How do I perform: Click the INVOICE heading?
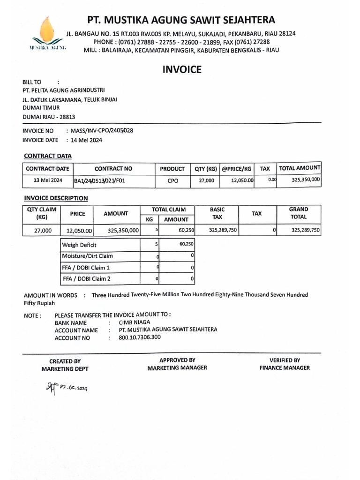click(x=182, y=70)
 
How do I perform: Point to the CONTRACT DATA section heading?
click(x=47, y=156)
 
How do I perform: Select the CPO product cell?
click(x=172, y=180)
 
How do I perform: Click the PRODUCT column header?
click(x=172, y=169)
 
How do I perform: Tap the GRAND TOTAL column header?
click(x=299, y=213)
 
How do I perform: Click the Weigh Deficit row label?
click(x=79, y=245)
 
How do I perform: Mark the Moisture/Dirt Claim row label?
click(x=88, y=256)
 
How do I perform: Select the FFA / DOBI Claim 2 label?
click(x=88, y=279)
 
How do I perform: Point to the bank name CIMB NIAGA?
click(x=135, y=322)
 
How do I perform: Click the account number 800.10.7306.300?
click(x=140, y=337)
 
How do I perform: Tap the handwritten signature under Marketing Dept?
click(x=66, y=387)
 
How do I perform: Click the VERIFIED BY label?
click(x=285, y=360)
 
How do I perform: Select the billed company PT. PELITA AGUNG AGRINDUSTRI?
click(x=64, y=90)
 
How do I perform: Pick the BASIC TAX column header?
click(x=217, y=213)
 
